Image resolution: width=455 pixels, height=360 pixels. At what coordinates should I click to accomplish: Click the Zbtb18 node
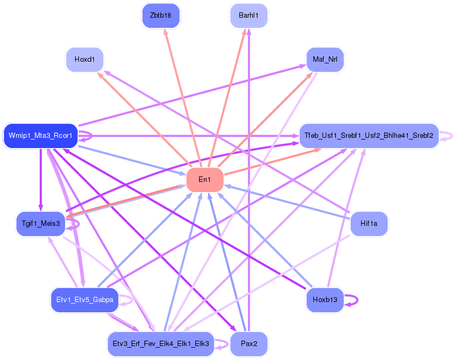(x=160, y=15)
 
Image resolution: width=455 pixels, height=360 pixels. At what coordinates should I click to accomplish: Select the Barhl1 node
(x=248, y=15)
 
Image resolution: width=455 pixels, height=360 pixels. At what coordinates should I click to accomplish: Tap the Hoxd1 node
(x=84, y=59)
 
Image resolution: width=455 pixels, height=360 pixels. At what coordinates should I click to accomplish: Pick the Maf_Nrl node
(x=325, y=59)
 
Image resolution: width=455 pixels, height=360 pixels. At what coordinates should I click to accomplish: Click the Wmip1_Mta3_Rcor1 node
(x=41, y=135)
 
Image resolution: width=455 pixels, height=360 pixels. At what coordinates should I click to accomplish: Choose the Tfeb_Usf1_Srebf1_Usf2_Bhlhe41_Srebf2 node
(x=369, y=135)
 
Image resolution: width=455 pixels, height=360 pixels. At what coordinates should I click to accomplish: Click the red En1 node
(x=204, y=179)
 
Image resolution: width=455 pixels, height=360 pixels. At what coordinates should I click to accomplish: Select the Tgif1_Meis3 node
(x=41, y=223)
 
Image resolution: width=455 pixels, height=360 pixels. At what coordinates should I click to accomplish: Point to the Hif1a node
(x=369, y=223)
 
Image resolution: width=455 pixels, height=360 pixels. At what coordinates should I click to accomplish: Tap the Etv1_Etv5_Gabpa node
(x=84, y=299)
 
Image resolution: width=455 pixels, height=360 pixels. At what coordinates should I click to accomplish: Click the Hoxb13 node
(x=325, y=299)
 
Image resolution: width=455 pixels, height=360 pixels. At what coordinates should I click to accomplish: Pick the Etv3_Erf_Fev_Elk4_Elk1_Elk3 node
(x=160, y=343)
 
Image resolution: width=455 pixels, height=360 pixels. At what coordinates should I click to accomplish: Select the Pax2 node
(x=248, y=343)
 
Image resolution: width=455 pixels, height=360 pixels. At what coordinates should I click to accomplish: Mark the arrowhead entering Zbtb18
(x=163, y=31)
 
